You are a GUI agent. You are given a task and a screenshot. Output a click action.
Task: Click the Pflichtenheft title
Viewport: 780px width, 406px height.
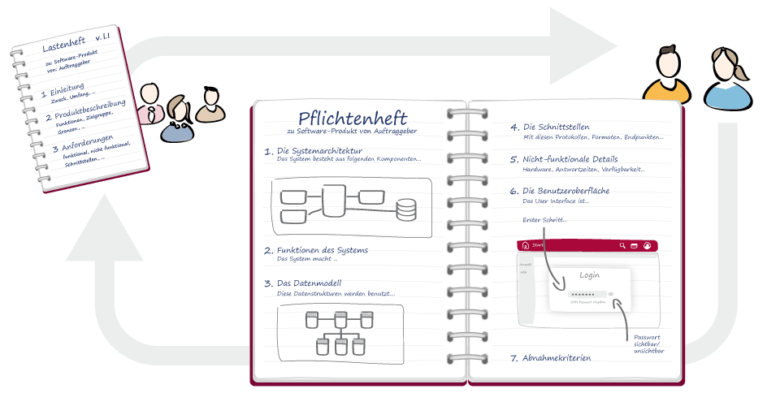352,119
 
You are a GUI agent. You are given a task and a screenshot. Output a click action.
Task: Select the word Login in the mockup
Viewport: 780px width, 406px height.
589,275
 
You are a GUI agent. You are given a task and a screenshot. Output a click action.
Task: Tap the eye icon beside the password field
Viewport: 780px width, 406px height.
610,294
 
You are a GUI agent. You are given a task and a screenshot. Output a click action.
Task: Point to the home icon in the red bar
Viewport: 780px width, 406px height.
526,245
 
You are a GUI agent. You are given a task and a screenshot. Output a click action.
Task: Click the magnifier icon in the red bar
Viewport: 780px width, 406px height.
622,245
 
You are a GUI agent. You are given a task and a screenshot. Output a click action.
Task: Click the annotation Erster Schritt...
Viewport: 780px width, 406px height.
544,220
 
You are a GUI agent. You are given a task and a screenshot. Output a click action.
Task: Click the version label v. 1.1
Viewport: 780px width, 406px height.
107,37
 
